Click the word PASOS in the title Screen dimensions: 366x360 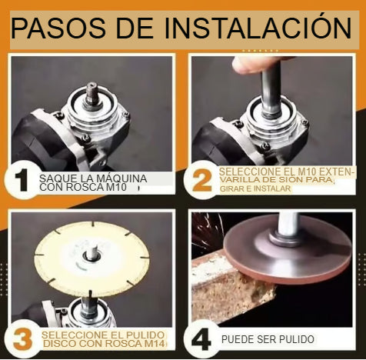pyautogui.click(x=58, y=28)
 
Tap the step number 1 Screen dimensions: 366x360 pyautogui.click(x=21, y=180)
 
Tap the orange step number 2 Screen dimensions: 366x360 pyautogui.click(x=202, y=180)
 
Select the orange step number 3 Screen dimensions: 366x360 pyautogui.click(x=22, y=339)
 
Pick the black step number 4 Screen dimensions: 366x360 pyautogui.click(x=201, y=339)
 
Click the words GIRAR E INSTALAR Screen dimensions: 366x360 pyautogui.click(x=255, y=188)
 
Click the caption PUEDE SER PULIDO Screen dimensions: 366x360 pyautogui.click(x=268, y=339)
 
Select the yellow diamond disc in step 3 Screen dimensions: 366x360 pyautogui.click(x=91, y=259)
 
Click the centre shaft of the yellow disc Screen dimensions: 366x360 pyautogui.click(x=91, y=252)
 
